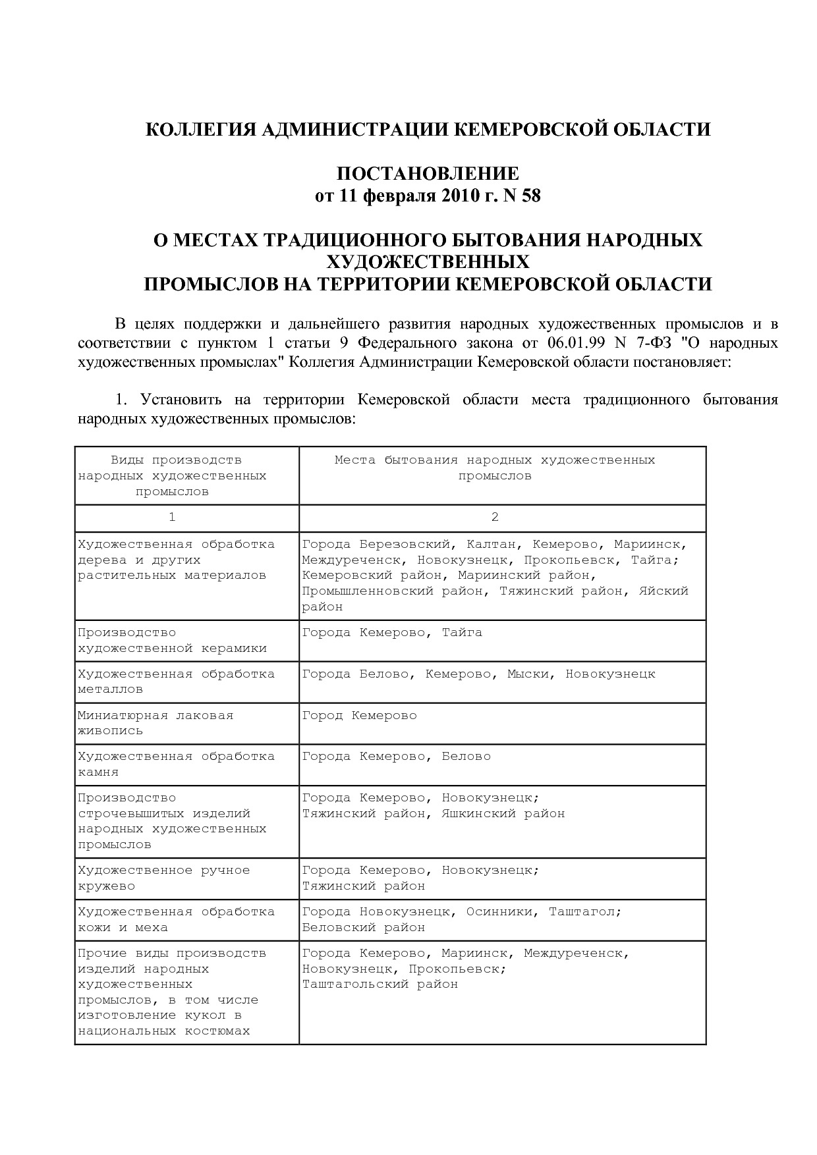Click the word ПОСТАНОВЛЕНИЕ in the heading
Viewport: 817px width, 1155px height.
[x=428, y=174]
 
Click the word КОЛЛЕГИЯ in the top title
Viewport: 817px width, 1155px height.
[x=200, y=129]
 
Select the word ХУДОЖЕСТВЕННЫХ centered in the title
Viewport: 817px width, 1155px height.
[x=428, y=262]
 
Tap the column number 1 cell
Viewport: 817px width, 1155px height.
[x=172, y=518]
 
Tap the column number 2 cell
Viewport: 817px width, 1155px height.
[x=495, y=518]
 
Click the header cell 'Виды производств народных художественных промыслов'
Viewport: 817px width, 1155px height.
[x=172, y=475]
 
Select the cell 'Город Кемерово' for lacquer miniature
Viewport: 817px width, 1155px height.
[x=359, y=715]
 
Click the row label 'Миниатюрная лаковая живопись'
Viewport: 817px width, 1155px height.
[x=155, y=722]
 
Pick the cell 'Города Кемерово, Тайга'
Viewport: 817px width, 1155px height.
[x=392, y=632]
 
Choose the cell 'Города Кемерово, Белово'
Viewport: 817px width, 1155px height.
[x=396, y=756]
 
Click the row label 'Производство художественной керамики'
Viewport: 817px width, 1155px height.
[x=172, y=640]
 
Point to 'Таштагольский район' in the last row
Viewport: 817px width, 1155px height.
[x=380, y=984]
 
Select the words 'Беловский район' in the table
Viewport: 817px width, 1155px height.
[x=363, y=927]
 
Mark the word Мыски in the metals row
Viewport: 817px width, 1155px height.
[x=528, y=674]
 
